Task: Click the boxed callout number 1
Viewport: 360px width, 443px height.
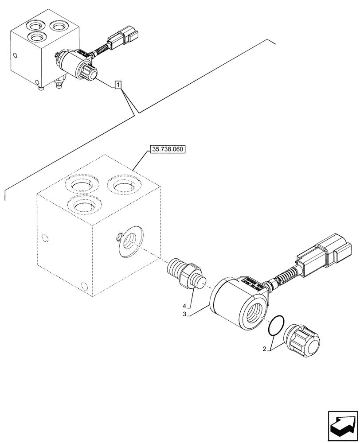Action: pos(117,85)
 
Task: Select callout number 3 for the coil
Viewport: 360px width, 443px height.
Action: pos(191,315)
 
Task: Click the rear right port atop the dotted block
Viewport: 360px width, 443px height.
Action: pos(124,184)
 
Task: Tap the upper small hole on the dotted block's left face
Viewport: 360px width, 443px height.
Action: pos(43,237)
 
